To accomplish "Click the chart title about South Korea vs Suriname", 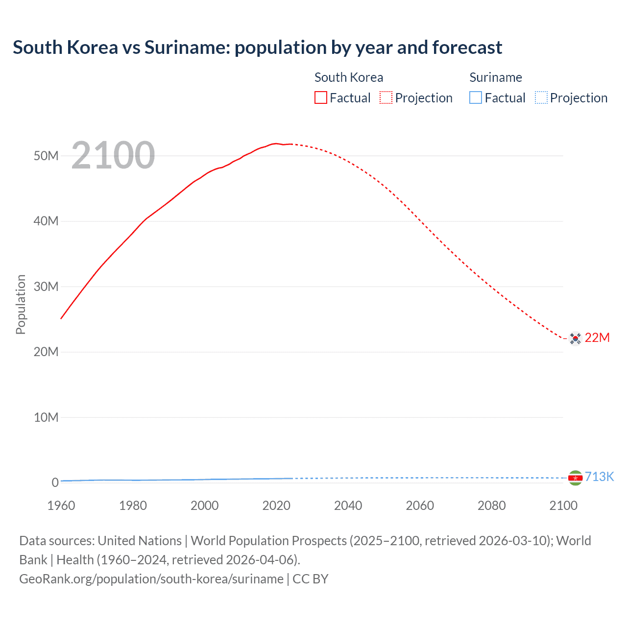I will (x=257, y=48).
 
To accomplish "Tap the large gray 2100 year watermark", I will (x=113, y=155).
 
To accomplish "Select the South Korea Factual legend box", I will (x=320, y=98).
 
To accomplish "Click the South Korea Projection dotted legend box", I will (x=386, y=98).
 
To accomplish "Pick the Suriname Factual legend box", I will (x=476, y=98).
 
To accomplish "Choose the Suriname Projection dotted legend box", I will (x=541, y=98).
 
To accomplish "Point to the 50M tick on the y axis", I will (x=46, y=156).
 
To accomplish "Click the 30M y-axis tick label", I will (x=46, y=287).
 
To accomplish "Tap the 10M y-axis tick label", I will (x=46, y=417).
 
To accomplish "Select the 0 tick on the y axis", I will (x=55, y=482).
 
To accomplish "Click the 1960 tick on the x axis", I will (x=61, y=506).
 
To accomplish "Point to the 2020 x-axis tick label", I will (x=276, y=506).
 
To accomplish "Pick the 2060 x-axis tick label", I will (x=420, y=506).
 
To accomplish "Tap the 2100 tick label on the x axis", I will (x=563, y=506).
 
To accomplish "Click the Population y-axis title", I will (x=21, y=304).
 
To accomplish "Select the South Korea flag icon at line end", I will (x=575, y=338).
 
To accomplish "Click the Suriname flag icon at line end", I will (x=575, y=478).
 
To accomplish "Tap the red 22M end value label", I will (x=597, y=338).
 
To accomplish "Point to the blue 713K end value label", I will (x=599, y=477).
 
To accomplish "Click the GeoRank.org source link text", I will (x=151, y=579).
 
